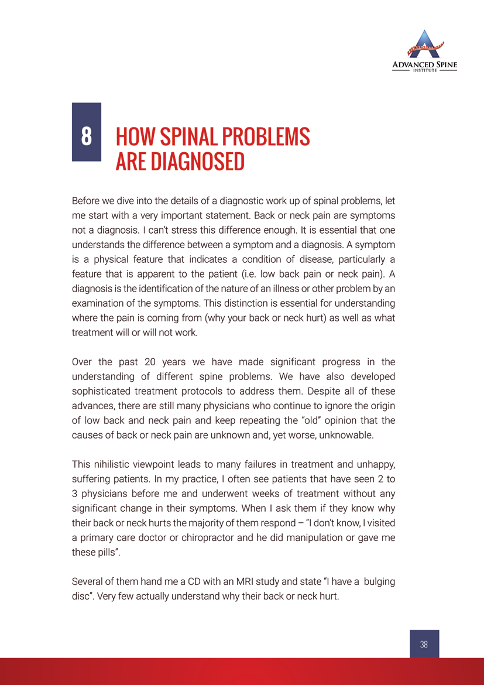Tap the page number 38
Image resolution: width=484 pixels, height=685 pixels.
tap(424, 644)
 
